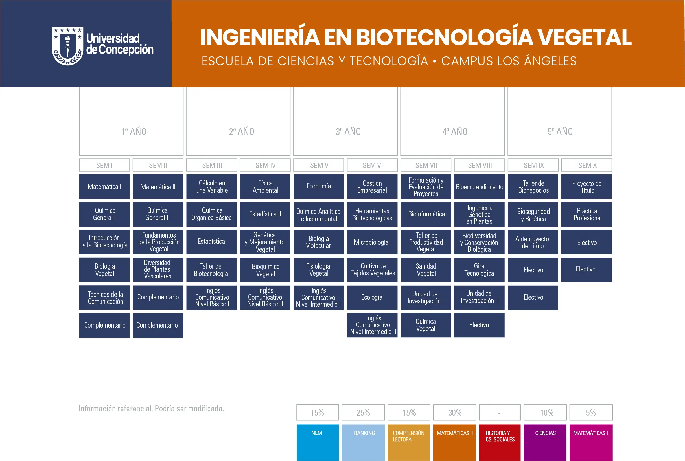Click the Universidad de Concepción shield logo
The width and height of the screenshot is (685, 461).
(68, 46)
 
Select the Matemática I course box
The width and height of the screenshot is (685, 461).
(104, 187)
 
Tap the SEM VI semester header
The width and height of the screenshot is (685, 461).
(372, 165)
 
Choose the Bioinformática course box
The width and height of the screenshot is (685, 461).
(426, 214)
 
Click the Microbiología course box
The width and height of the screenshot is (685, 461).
(372, 242)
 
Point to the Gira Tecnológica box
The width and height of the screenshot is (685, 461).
(479, 270)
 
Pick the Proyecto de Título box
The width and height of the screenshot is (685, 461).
(586, 187)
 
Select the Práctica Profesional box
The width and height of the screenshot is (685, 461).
(586, 214)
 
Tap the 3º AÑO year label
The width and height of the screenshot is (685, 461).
(348, 131)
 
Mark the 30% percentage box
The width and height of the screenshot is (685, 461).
(454, 412)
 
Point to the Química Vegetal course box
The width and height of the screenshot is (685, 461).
(426, 325)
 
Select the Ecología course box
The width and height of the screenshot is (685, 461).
(372, 297)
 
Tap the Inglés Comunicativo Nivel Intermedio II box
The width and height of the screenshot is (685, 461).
(372, 325)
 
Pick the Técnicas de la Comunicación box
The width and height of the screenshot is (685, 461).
(104, 298)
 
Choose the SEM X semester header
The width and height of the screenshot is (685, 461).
(586, 165)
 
